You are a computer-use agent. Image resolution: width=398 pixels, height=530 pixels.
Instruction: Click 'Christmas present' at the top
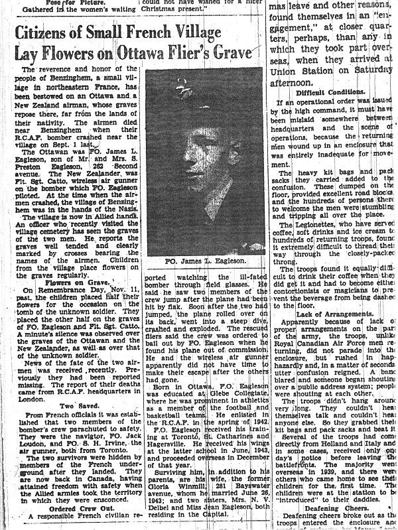173,9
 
